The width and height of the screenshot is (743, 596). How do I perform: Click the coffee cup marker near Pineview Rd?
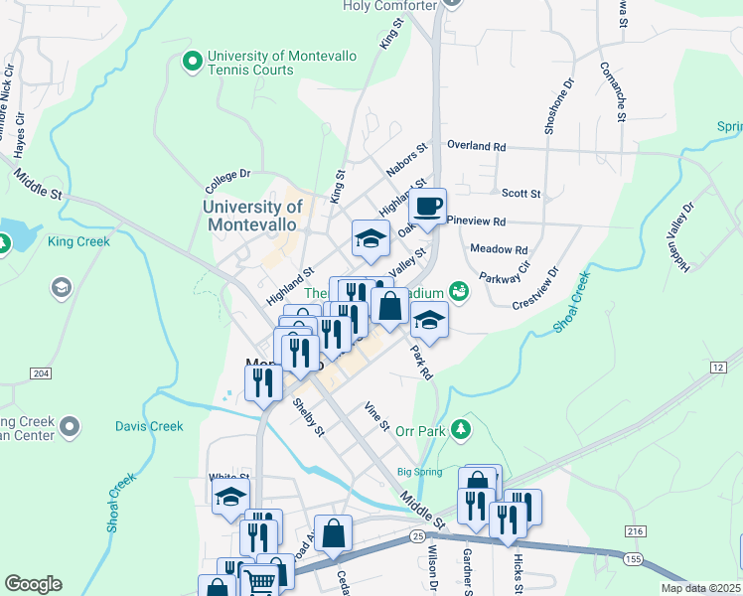tap(428, 208)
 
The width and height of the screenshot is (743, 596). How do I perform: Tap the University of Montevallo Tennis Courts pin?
tap(190, 63)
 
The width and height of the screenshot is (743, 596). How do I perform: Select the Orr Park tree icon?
tap(460, 429)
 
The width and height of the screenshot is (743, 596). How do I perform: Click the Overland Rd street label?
tap(476, 146)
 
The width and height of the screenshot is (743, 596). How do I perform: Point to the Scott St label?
tap(520, 194)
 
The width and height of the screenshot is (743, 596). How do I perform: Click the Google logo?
tap(33, 584)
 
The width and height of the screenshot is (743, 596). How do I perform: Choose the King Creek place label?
tap(75, 241)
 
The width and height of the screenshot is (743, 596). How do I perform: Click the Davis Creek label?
tap(149, 426)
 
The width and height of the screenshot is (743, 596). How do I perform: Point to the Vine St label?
tap(375, 415)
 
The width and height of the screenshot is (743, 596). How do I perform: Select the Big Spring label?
tap(418, 472)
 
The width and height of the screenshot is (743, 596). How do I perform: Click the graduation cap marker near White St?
tap(231, 496)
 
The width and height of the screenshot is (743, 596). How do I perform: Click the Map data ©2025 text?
tap(700, 588)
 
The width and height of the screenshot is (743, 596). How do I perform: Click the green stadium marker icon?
tap(458, 291)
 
